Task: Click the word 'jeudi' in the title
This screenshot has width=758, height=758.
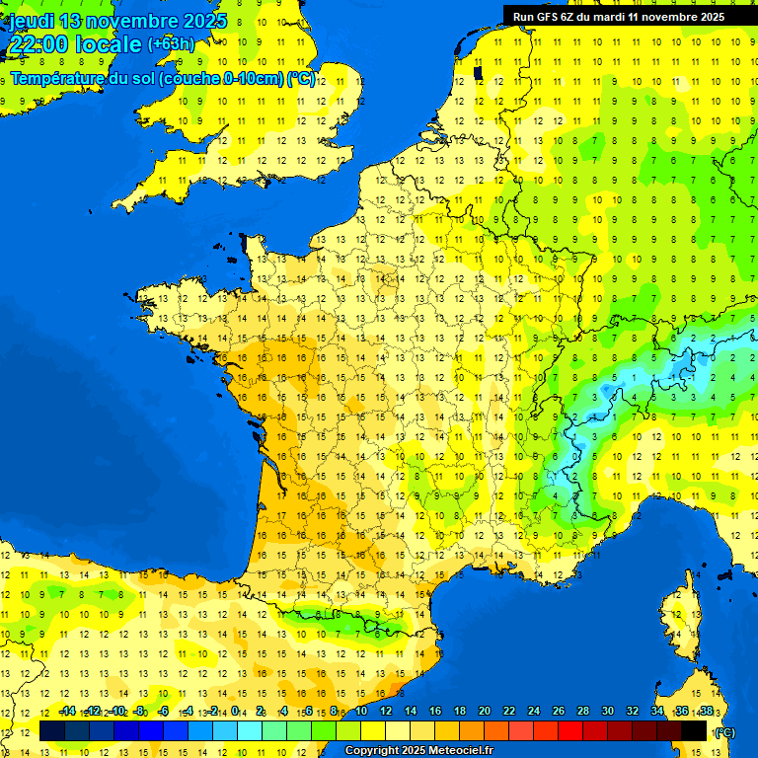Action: coord(34,21)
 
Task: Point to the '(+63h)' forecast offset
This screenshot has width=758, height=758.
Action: coord(171,44)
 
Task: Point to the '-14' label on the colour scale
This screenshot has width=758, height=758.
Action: coord(67,712)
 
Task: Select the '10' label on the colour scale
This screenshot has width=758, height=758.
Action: coord(361,712)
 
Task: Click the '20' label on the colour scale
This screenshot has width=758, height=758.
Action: coord(485,712)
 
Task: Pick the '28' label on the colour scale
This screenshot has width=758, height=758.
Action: coord(583,712)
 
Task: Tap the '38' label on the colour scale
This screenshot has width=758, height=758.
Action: coord(706,712)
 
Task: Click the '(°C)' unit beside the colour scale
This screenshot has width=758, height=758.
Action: coord(723,732)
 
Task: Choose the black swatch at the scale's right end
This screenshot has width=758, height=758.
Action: coord(694,730)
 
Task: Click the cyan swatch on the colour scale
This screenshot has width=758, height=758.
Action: coord(250,730)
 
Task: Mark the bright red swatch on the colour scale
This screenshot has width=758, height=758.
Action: coord(570,730)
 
